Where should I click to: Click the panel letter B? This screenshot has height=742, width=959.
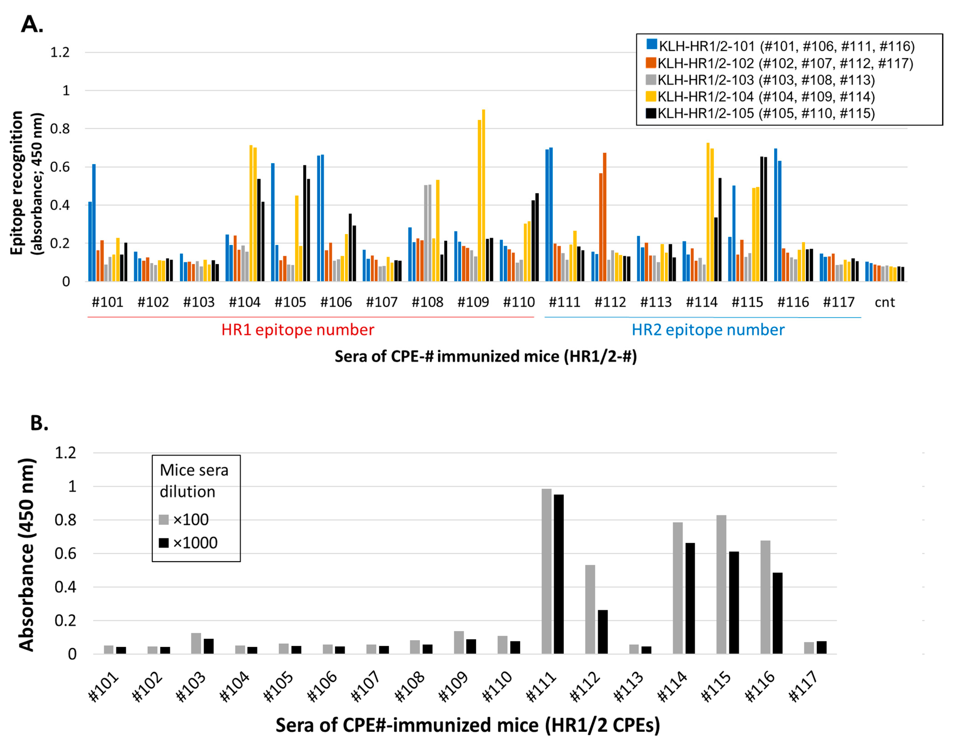(x=39, y=423)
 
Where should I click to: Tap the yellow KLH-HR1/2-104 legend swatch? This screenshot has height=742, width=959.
(x=651, y=96)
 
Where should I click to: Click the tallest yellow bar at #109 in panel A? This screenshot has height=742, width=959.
(x=483, y=195)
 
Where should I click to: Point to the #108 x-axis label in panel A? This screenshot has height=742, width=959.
(x=427, y=302)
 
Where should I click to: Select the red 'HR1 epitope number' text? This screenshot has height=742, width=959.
(x=298, y=330)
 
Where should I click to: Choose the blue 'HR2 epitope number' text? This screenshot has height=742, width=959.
(x=708, y=330)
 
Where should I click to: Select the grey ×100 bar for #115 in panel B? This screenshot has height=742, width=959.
(x=721, y=584)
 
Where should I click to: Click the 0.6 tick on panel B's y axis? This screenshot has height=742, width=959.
(x=65, y=554)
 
